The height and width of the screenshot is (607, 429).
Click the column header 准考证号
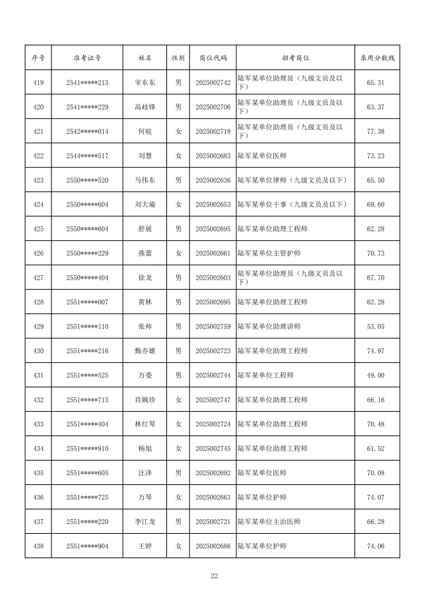87,58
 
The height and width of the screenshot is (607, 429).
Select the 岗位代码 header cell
213,58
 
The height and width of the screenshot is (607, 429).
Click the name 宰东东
144,82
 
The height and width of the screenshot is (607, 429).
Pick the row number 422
38,156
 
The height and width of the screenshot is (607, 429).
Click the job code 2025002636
213,180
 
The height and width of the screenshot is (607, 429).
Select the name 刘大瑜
144,205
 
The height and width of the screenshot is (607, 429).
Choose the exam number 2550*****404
87,278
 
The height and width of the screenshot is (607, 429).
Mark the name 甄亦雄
144,351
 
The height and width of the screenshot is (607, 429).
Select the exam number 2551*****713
87,400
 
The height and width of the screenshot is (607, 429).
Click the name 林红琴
144,424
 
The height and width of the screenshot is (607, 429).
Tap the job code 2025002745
213,449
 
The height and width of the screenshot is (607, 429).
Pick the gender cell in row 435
178,473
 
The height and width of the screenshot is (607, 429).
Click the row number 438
38,546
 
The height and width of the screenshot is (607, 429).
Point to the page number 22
214,576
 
